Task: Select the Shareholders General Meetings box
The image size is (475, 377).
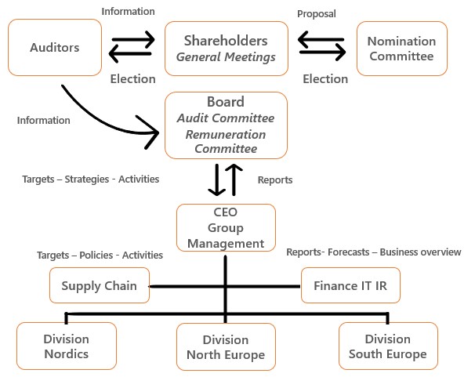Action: pyautogui.click(x=226, y=48)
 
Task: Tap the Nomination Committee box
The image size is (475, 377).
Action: pyautogui.click(x=401, y=48)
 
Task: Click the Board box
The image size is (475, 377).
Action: pyautogui.click(x=226, y=125)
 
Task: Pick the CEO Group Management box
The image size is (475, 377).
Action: pyautogui.click(x=226, y=228)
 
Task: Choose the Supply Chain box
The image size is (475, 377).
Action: pyautogui.click(x=99, y=285)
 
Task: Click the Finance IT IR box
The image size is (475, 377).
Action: pyautogui.click(x=350, y=285)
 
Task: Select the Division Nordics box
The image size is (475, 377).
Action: pyautogui.click(x=66, y=346)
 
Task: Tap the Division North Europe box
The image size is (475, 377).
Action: pyautogui.click(x=226, y=347)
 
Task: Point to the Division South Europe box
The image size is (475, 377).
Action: pyautogui.click(x=388, y=346)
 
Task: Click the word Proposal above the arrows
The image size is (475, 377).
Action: pyautogui.click(x=317, y=15)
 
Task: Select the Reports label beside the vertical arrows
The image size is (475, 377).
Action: pyautogui.click(x=275, y=179)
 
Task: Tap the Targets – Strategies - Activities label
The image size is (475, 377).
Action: pyautogui.click(x=91, y=179)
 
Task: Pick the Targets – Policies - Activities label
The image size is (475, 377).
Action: pyautogui.click(x=100, y=255)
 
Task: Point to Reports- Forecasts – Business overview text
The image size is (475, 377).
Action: pyautogui.click(x=373, y=252)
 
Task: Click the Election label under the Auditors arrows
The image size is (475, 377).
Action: pyautogui.click(x=132, y=78)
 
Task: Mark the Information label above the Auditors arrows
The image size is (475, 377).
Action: pyautogui.click(x=129, y=12)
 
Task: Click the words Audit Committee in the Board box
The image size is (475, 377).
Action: pyautogui.click(x=226, y=118)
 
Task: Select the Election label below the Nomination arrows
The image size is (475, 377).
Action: pyautogui.click(x=325, y=78)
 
